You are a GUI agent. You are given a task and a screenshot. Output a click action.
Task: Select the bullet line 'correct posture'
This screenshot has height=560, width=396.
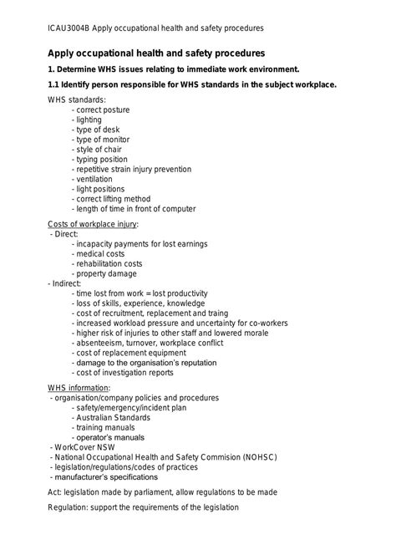(x=104, y=109)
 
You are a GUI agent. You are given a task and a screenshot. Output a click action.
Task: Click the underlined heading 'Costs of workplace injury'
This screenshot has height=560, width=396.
(x=93, y=224)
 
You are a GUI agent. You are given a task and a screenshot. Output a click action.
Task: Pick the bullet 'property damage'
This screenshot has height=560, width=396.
(x=104, y=273)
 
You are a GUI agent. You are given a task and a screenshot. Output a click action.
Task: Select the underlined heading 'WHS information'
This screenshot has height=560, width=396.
(x=79, y=388)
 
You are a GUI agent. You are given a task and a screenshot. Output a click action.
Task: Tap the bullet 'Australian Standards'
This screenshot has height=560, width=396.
(x=111, y=417)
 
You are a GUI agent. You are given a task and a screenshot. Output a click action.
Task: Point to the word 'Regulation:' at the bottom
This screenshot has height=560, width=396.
(x=70, y=507)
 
